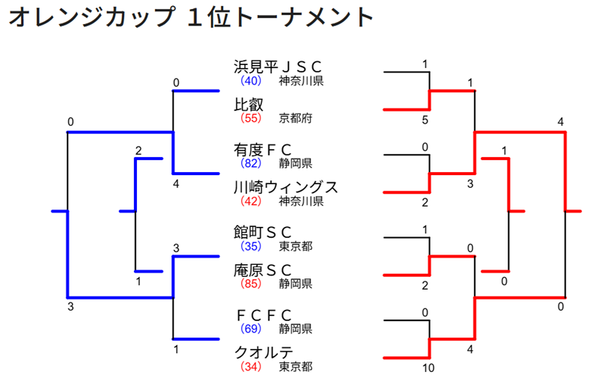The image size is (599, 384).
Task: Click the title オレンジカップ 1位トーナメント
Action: point(190,17)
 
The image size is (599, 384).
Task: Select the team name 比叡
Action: point(249,105)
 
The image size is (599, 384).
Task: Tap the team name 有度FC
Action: point(263,149)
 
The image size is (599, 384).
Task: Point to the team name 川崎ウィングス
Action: point(285,187)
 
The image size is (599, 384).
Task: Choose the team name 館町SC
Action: point(263,231)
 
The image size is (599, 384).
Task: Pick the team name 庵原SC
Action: point(263,269)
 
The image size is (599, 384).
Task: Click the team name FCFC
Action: point(263,314)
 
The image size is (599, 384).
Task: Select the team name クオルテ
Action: point(263,353)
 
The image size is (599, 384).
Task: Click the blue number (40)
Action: point(250,80)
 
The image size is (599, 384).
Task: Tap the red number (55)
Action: point(250,118)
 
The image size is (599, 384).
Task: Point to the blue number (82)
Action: point(250,162)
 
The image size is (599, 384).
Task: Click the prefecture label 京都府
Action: point(296,118)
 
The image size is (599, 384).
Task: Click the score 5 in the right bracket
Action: point(425,120)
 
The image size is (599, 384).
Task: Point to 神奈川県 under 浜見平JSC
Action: point(301,80)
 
